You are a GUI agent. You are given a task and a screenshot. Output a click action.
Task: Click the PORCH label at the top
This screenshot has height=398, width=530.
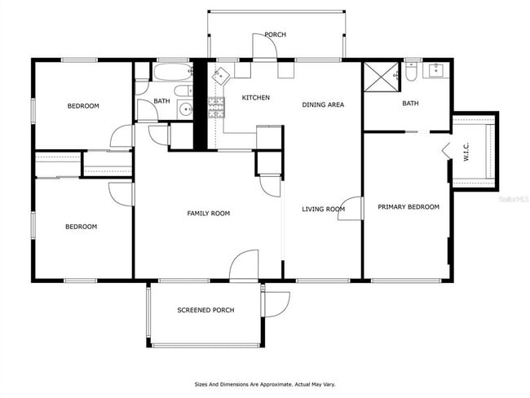coord(275,34)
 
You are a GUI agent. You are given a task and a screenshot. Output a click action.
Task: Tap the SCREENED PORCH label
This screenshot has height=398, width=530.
coord(206,310)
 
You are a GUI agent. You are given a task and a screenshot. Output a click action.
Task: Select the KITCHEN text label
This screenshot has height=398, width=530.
coord(255,98)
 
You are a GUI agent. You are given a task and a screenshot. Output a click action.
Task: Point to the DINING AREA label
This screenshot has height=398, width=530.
coord(323,104)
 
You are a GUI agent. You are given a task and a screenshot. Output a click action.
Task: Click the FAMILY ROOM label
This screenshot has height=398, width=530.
coord(209,214)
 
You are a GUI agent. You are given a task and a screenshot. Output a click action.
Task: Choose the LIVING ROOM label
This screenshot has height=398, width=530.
coord(324,210)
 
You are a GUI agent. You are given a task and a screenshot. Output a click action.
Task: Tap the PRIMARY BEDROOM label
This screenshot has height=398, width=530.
coord(409,207)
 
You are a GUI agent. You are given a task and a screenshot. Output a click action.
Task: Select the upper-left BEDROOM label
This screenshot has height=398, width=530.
coord(83,106)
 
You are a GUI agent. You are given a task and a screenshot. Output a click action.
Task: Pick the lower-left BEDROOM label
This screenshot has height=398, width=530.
coord(82,227)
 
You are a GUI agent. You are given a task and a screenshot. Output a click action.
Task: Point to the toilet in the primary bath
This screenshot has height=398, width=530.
coord(413,73)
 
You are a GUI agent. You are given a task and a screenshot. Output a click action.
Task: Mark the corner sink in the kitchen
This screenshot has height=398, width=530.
coord(221,74)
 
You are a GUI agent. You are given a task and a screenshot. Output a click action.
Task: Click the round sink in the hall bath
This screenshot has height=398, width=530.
coord(186,108)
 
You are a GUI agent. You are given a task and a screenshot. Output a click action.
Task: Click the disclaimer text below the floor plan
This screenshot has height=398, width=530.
coord(265,383)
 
